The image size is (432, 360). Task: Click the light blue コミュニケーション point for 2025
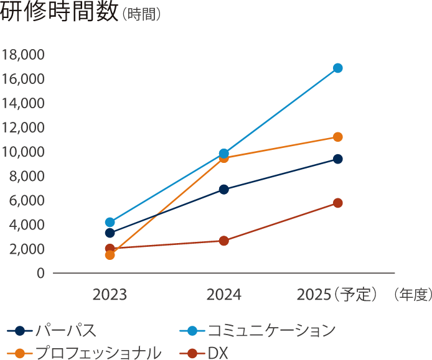337,68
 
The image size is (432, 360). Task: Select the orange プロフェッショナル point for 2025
337,137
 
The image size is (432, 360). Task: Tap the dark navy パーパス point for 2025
337,159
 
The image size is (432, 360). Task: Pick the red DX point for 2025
337,203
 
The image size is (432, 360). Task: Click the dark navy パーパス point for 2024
224,189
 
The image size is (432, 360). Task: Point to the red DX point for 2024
224,241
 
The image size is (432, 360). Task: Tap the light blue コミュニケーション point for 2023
110,222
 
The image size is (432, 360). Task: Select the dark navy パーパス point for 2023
110,233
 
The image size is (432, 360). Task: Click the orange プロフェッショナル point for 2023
110,255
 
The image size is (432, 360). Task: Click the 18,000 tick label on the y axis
23,55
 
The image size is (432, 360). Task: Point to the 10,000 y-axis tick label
23,152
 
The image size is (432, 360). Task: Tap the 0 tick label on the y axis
40,274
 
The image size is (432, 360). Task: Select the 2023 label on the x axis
110,294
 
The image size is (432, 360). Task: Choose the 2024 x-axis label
224,294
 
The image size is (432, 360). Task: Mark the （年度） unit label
411,294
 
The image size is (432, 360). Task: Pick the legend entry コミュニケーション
271,330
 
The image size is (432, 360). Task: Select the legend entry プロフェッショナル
98,353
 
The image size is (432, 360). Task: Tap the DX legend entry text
218,353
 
